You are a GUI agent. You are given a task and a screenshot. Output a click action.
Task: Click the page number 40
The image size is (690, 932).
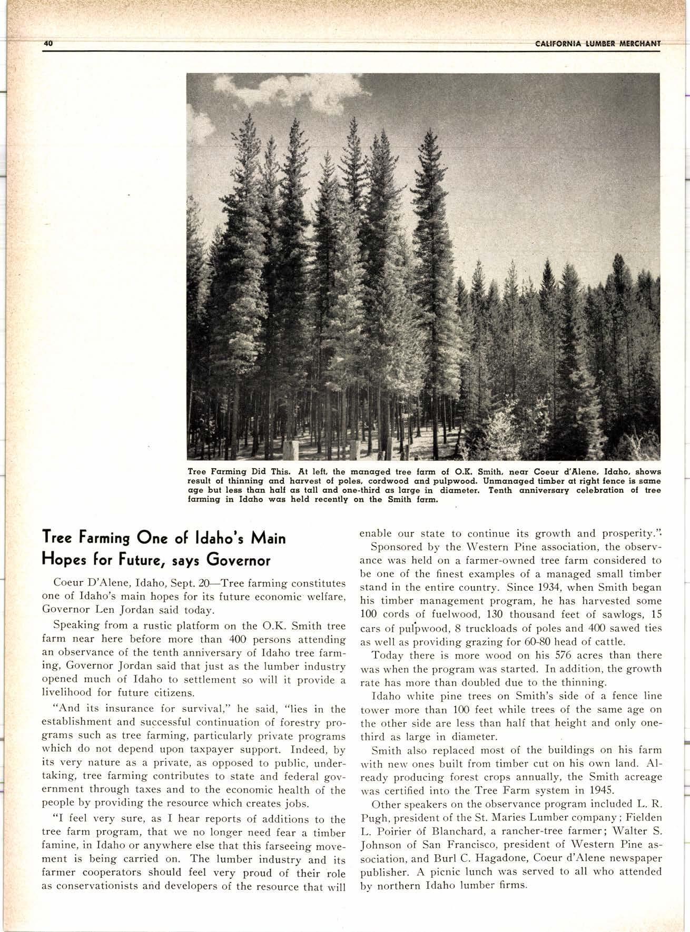click(x=48, y=44)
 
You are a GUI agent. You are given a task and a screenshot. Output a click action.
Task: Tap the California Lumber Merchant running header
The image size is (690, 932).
click(x=597, y=44)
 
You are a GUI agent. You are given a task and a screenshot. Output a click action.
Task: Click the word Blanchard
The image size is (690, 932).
click(x=458, y=831)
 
